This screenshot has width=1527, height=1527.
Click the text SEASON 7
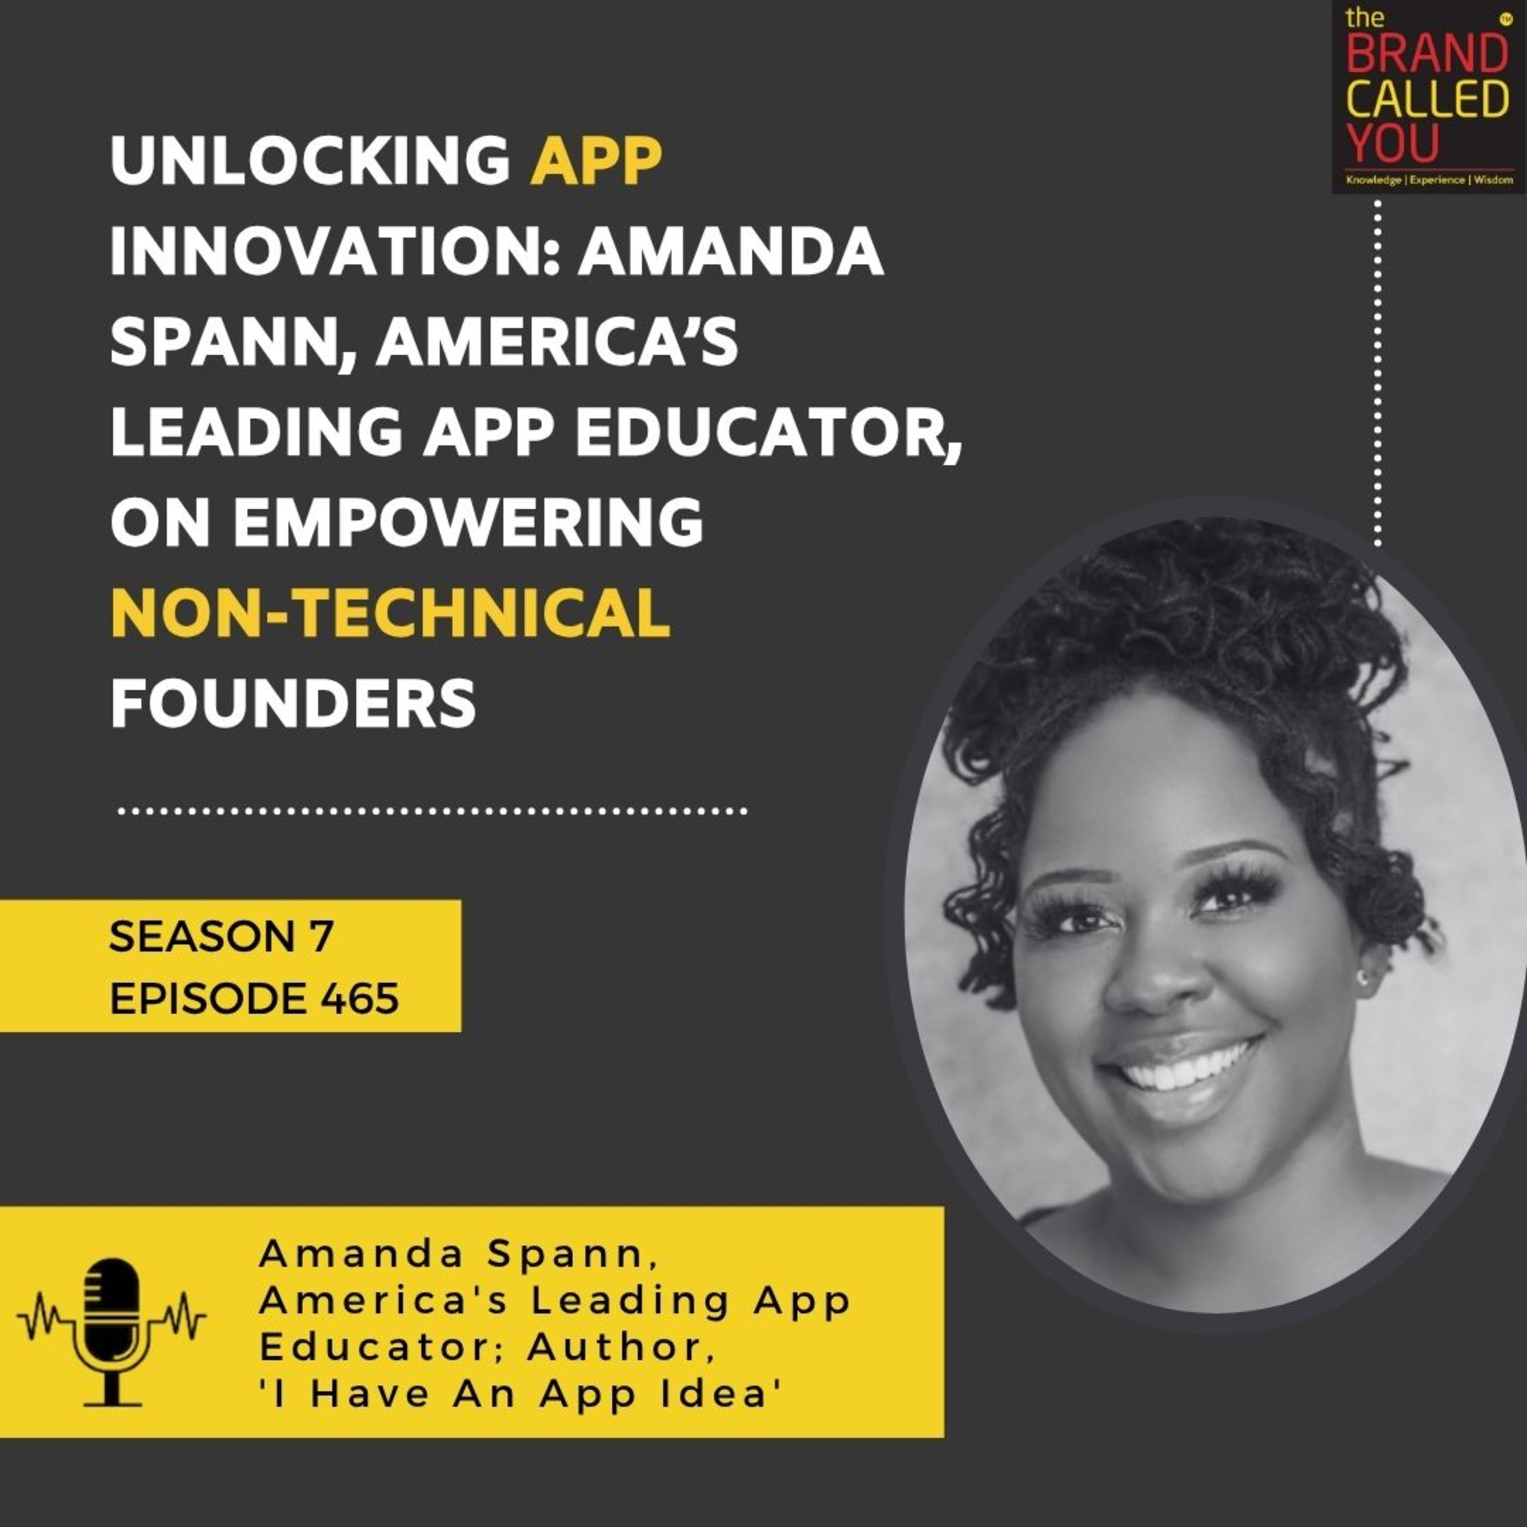222,938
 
